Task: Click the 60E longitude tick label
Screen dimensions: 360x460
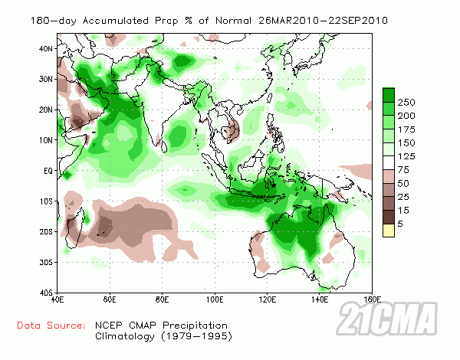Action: pos(109,299)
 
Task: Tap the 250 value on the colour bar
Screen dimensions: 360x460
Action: pos(406,102)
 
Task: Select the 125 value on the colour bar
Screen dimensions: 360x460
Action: pos(406,157)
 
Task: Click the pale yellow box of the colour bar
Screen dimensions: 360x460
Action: pos(389,230)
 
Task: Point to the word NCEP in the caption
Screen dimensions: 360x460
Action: pos(108,326)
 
